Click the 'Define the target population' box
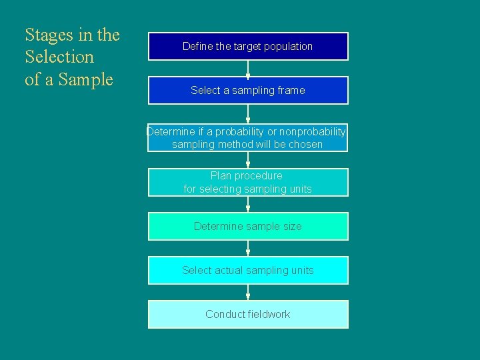248,46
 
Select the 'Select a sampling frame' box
248,90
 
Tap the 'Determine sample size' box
248,226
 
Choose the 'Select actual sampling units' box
248,270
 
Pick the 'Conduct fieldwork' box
248,314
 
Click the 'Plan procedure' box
248,182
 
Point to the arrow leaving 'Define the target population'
248,68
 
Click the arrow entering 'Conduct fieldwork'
248,292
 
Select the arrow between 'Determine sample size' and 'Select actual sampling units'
248,248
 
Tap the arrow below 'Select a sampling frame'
248,114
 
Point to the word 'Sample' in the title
86,80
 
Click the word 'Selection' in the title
59,57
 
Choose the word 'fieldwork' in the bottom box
269,314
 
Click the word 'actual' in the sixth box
229,270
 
